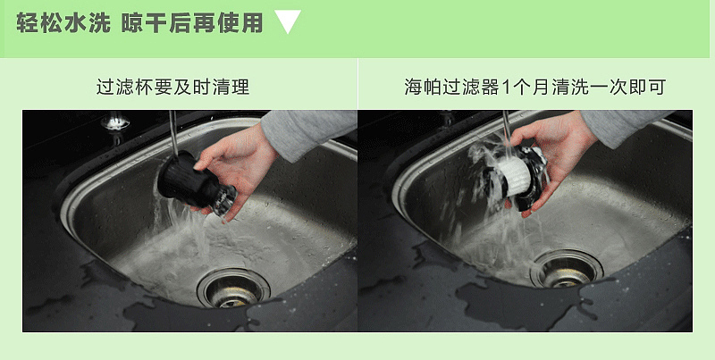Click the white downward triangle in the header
[x=288, y=21]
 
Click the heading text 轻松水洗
[x=63, y=23]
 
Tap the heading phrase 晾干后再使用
[x=192, y=23]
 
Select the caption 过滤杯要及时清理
[x=172, y=87]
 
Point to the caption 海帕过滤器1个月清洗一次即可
[x=535, y=87]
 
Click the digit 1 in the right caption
[x=506, y=87]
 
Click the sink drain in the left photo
[x=233, y=288]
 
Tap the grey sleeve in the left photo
[x=309, y=133]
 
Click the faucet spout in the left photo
[x=173, y=134]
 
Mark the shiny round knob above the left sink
[x=115, y=121]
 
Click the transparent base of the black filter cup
[x=224, y=200]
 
